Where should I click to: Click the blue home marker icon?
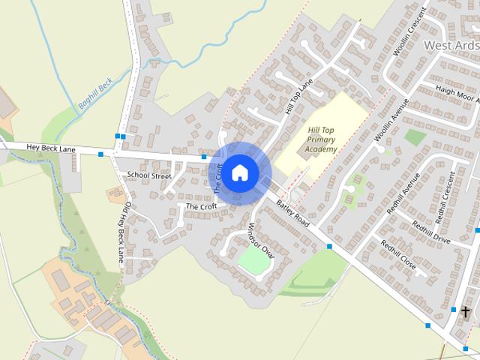(239, 172)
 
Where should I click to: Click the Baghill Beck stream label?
(94, 94)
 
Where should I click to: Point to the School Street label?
(149, 175)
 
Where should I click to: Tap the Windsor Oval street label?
(262, 239)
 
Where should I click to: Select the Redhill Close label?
(397, 253)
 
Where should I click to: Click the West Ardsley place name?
(451, 45)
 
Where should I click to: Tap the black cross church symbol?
(466, 310)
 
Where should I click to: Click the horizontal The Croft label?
(201, 206)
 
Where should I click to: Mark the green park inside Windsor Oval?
(253, 260)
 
